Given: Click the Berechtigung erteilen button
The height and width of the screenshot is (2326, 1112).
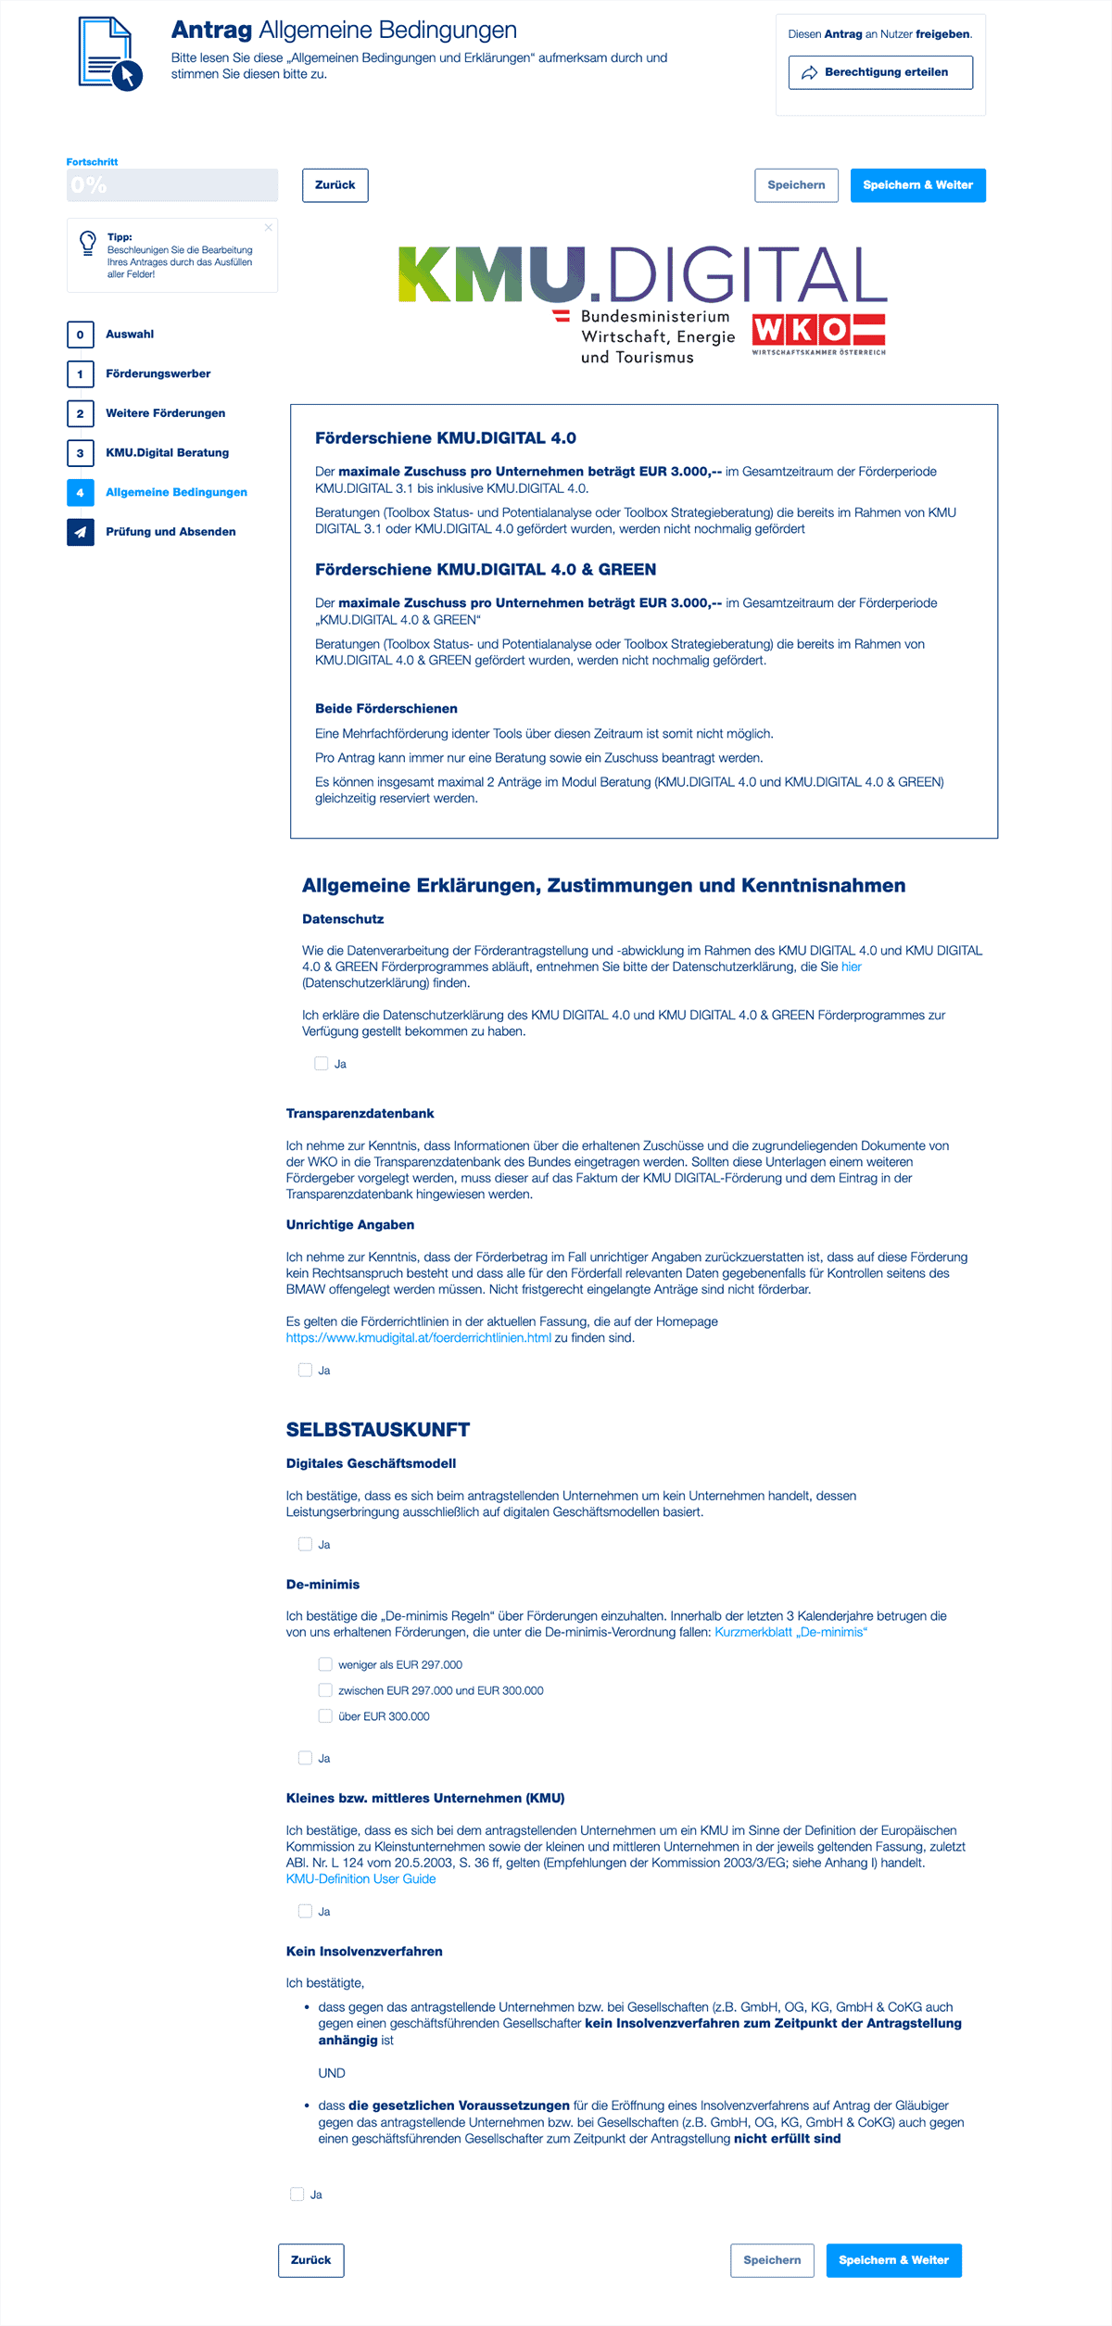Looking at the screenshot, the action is pyautogui.click(x=880, y=72).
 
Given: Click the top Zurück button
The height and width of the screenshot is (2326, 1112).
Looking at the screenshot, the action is pyautogui.click(x=335, y=185).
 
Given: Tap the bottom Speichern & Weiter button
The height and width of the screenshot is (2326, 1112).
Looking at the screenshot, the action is pyautogui.click(x=893, y=2260).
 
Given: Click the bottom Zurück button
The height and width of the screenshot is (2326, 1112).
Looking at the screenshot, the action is pyautogui.click(x=310, y=2260).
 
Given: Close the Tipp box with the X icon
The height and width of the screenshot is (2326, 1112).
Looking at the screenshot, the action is pyautogui.click(x=269, y=227).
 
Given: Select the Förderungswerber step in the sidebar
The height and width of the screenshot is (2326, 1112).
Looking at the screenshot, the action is pyautogui.click(x=158, y=373).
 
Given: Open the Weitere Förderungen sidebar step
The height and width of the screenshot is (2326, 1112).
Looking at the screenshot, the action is pyautogui.click(x=165, y=413).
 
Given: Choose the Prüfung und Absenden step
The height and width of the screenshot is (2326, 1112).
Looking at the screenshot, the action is pyautogui.click(x=171, y=532).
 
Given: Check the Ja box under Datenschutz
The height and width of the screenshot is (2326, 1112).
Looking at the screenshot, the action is pyautogui.click(x=322, y=1064).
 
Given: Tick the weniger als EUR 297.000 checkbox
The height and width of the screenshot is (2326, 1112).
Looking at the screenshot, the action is pyautogui.click(x=325, y=1664).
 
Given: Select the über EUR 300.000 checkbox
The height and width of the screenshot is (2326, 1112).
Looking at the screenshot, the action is pyautogui.click(x=325, y=1716).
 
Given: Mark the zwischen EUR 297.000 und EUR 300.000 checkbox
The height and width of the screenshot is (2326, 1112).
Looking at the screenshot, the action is pyautogui.click(x=325, y=1690).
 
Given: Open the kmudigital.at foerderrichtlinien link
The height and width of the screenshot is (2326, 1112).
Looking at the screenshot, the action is pyautogui.click(x=418, y=1338).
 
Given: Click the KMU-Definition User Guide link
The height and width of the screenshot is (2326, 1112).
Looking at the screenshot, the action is pyautogui.click(x=360, y=1878).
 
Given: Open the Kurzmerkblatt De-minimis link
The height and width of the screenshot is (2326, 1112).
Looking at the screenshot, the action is pyautogui.click(x=790, y=1632).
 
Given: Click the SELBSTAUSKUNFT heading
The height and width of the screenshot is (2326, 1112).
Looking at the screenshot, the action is pyautogui.click(x=378, y=1430).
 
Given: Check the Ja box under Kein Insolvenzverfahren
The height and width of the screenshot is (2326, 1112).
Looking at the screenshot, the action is pyautogui.click(x=297, y=2194).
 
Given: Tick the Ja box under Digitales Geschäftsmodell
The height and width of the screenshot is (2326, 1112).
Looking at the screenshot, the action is pyautogui.click(x=305, y=1544).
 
